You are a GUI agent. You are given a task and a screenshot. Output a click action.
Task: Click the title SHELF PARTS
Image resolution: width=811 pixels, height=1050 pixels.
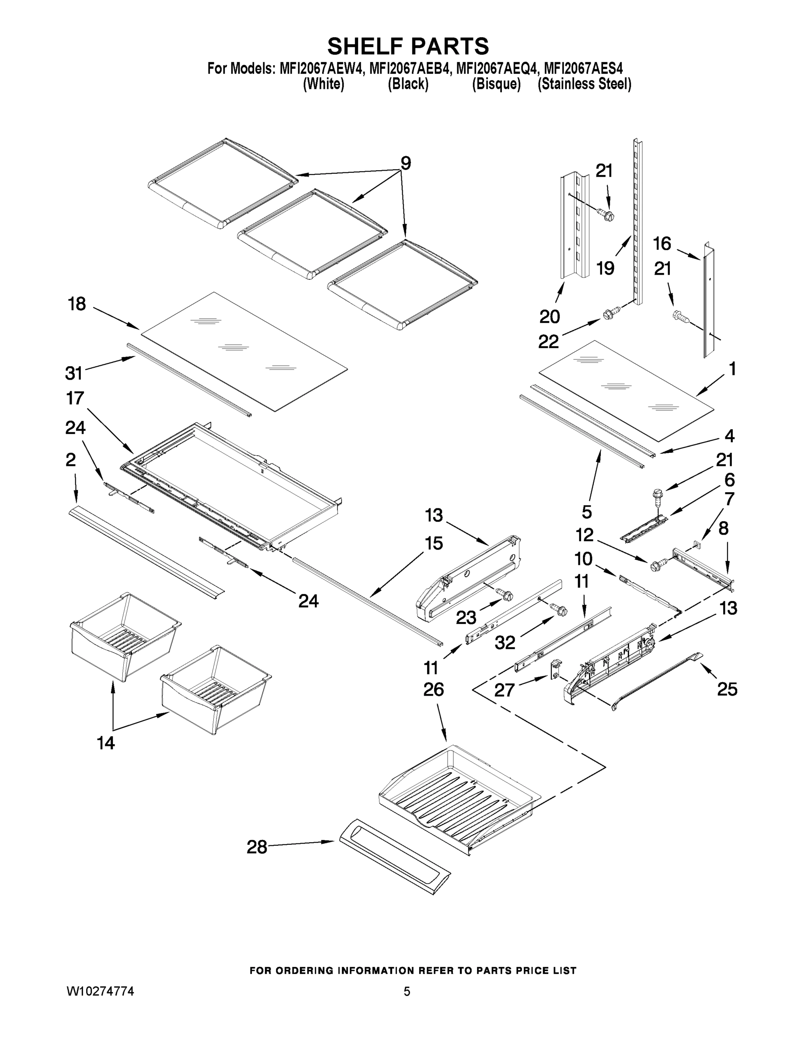click(408, 47)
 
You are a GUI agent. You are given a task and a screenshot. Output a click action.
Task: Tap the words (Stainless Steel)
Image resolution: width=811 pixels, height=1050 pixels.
click(584, 84)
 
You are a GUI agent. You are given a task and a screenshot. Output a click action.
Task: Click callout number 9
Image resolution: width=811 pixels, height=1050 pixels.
click(406, 164)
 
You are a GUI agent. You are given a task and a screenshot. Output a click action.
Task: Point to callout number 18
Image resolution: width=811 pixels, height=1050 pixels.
click(77, 304)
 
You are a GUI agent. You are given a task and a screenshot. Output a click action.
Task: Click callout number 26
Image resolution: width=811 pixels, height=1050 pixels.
click(433, 690)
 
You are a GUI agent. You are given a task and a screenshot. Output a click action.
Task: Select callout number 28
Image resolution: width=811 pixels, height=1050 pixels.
click(257, 847)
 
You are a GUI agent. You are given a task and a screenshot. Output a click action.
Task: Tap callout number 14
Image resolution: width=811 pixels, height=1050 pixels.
click(106, 743)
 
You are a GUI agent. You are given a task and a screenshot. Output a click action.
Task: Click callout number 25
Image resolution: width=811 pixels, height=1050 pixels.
click(727, 689)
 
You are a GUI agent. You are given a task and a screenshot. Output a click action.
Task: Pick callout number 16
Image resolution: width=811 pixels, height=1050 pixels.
click(661, 244)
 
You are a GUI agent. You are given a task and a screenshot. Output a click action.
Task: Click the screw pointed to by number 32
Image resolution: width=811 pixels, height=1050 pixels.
click(560, 609)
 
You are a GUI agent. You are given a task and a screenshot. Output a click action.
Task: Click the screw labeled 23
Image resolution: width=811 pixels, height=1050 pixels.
click(506, 595)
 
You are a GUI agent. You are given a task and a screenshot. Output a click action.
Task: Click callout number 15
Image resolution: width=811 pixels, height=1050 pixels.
click(433, 544)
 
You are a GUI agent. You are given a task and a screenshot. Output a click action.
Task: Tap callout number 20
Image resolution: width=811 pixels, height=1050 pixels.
click(550, 317)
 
